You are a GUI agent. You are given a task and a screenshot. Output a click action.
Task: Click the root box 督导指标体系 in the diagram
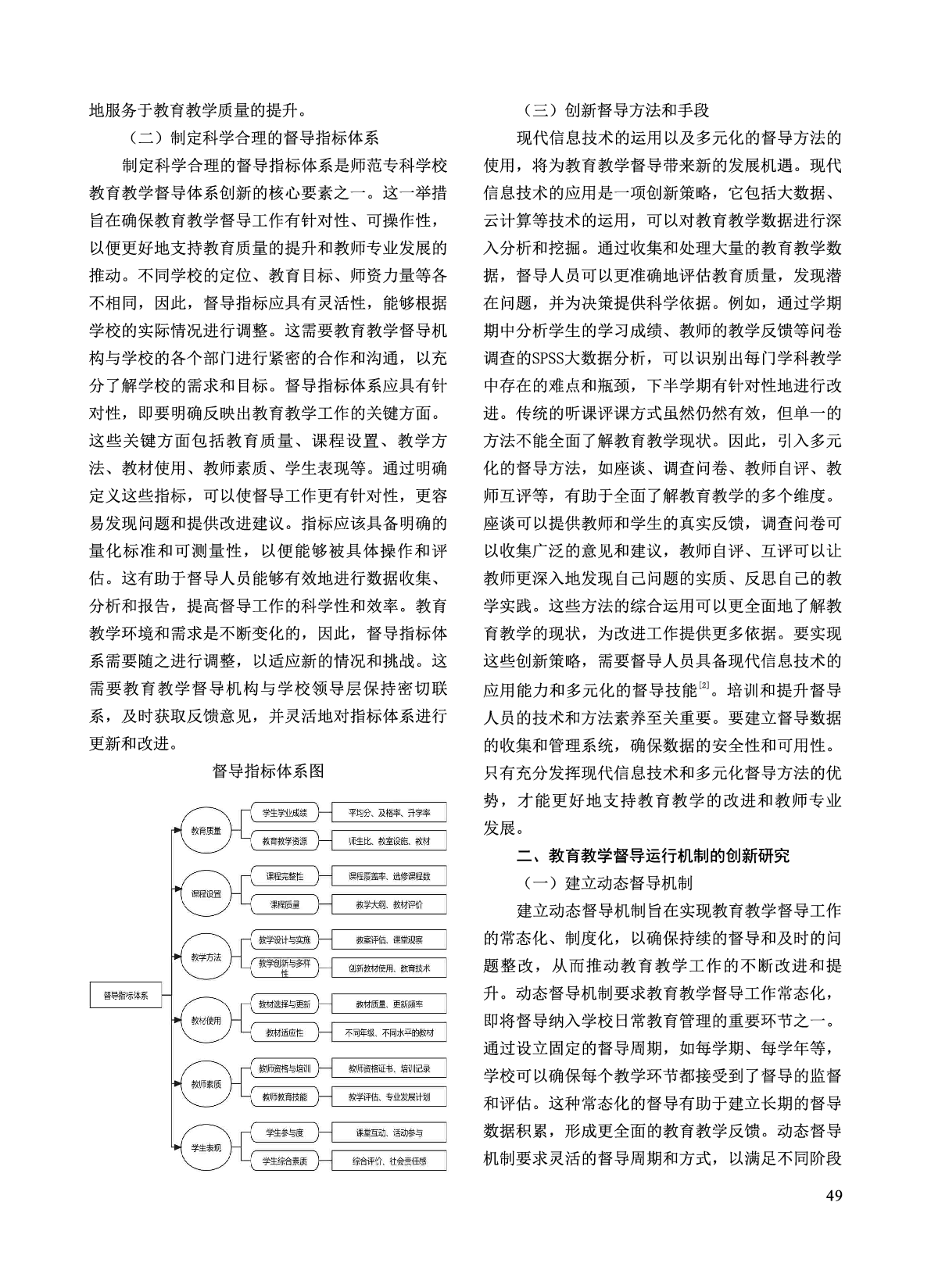coord(126,996)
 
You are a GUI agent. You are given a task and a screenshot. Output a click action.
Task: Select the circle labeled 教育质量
coord(206,830)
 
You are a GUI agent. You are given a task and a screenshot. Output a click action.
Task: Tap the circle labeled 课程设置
coord(206,893)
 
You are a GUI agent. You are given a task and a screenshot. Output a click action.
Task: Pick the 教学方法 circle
coord(206,957)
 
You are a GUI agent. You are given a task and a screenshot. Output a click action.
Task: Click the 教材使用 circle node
coord(206,1020)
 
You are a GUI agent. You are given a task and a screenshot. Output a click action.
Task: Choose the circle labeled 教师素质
coord(206,1084)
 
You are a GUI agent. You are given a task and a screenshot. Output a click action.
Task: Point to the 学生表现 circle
coord(206,1147)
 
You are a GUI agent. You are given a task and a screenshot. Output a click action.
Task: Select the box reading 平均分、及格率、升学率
coord(389,813)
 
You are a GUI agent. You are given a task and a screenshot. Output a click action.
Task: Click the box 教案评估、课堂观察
coord(389,939)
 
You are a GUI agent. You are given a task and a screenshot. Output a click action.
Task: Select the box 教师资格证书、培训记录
coord(389,1068)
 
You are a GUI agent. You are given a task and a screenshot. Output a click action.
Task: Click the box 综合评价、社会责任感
coord(389,1161)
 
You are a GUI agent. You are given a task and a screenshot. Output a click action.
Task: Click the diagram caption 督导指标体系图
coord(268,771)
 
